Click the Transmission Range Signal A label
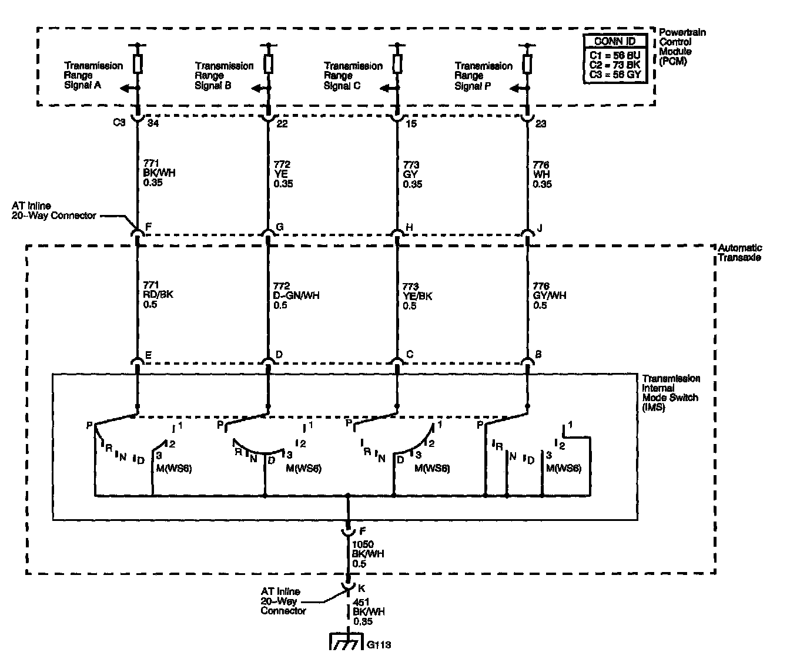tap(93, 75)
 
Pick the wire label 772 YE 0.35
tap(283, 174)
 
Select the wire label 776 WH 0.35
tap(542, 174)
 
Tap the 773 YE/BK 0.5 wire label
tap(417, 295)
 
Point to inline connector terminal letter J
tap(539, 227)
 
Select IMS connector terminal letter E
tap(149, 354)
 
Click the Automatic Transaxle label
tap(739, 253)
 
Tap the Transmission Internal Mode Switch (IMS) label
tap(670, 392)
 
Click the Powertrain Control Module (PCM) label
tap(682, 46)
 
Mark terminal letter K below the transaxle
tap(361, 587)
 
